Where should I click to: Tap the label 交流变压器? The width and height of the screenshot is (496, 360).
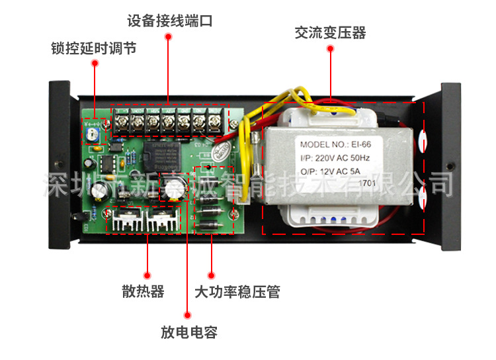pyautogui.click(x=330, y=33)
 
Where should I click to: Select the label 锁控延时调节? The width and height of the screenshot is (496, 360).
pyautogui.click(x=94, y=49)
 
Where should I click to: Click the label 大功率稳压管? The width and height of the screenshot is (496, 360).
pyautogui.click(x=237, y=291)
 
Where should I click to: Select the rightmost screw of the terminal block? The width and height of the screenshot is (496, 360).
pyautogui.click(x=216, y=122)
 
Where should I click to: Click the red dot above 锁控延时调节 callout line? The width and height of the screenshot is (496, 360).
pyautogui.click(x=95, y=64)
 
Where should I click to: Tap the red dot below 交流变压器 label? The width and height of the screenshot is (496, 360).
pyautogui.click(x=330, y=50)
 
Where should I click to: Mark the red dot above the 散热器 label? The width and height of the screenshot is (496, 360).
pyautogui.click(x=146, y=274)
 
